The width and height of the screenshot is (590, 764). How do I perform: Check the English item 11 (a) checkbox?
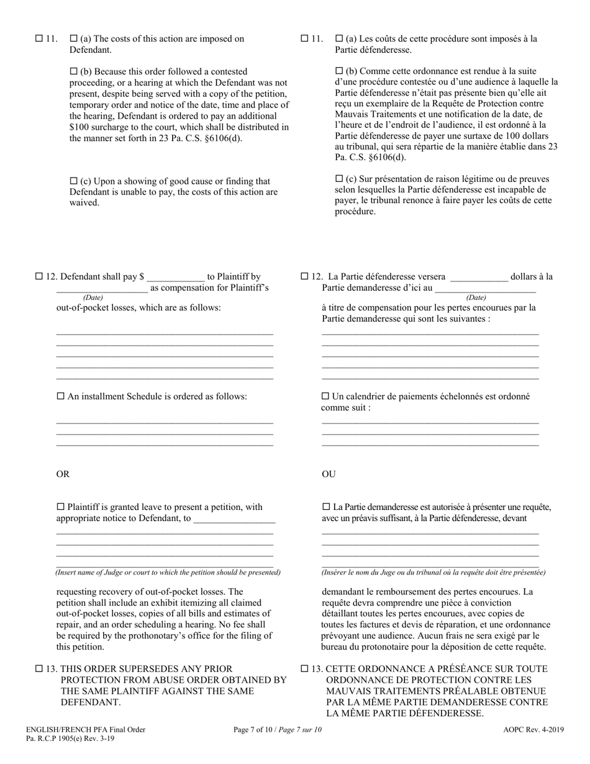click(74, 39)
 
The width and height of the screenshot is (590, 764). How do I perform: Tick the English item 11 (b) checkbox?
click(74, 71)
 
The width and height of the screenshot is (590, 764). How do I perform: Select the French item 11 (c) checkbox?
click(339, 179)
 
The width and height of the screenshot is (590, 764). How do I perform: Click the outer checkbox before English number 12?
click(39, 277)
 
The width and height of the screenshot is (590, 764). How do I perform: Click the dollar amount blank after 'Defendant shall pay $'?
click(176, 278)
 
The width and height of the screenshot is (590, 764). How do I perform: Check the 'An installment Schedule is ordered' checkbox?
click(61, 396)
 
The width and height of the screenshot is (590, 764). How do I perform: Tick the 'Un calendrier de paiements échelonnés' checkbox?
click(325, 396)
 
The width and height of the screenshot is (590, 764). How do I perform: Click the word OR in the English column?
click(63, 475)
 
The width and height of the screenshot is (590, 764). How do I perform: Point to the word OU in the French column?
click(329, 475)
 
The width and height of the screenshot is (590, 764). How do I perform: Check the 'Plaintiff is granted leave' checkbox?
click(61, 507)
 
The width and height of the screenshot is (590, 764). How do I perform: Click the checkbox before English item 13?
click(39, 669)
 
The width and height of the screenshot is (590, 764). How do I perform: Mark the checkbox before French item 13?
click(304, 669)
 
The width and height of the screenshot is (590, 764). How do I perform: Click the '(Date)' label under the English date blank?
click(93, 298)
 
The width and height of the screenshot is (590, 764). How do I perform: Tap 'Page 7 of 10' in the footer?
click(256, 730)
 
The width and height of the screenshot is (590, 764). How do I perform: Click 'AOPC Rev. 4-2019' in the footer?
click(533, 730)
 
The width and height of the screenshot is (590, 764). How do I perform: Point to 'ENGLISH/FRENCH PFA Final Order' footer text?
click(86, 730)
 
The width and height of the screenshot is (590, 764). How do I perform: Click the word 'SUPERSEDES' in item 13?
click(145, 669)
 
